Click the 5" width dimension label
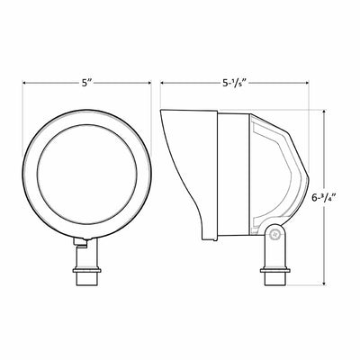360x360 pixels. (86, 83)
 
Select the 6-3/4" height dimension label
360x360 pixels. (323, 198)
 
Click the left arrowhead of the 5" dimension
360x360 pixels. (25, 83)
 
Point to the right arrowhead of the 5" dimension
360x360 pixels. (148, 83)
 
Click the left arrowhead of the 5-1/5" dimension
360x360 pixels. (163, 83)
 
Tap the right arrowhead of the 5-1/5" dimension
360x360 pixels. (306, 83)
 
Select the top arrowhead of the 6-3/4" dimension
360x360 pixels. (324, 112)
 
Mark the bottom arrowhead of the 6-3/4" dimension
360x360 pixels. (324, 283)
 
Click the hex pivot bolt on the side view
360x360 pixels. (274, 235)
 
